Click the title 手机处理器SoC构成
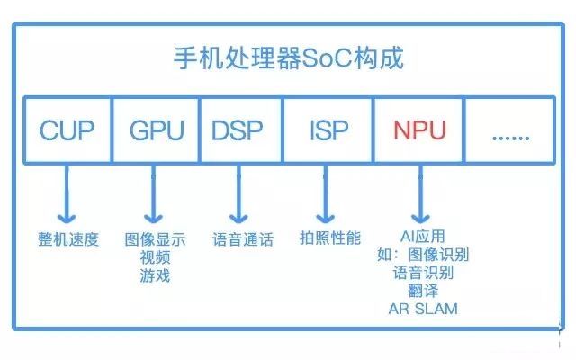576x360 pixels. coord(289,58)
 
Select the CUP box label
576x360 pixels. coord(67,130)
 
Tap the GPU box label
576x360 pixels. coord(157,130)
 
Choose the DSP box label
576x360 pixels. coord(238,130)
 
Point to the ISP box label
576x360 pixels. coord(329,130)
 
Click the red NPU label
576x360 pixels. coord(420,130)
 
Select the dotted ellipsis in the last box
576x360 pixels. coord(510,138)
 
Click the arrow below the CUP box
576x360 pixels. coord(67,194)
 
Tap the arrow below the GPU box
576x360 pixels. coord(153,194)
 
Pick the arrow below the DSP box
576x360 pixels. coord(238,194)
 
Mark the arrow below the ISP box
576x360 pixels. coord(325,194)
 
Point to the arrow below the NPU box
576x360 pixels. coord(420,194)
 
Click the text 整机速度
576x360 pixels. coord(68,239)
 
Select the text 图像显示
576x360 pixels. coord(155,239)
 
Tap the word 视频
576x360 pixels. coord(155,257)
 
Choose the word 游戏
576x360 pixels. coord(155,275)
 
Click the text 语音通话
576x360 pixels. coord(243,239)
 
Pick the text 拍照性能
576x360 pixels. coord(330,238)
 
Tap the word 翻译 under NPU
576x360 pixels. coord(423,291)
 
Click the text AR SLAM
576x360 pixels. coord(423,309)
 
